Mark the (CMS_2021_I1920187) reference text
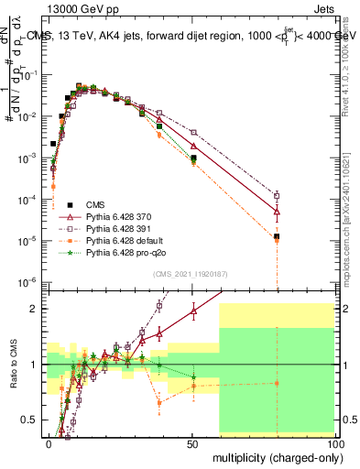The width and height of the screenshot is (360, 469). [190, 273]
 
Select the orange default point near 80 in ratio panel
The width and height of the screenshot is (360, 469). [277, 383]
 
